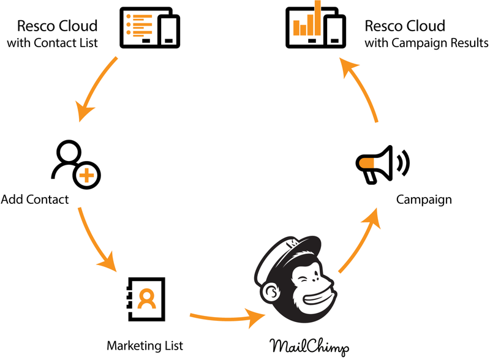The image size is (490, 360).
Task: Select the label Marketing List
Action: [145, 345]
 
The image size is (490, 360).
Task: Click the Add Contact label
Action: [35, 200]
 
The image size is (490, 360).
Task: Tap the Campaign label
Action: [424, 200]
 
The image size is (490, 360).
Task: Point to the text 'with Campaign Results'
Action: [426, 43]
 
